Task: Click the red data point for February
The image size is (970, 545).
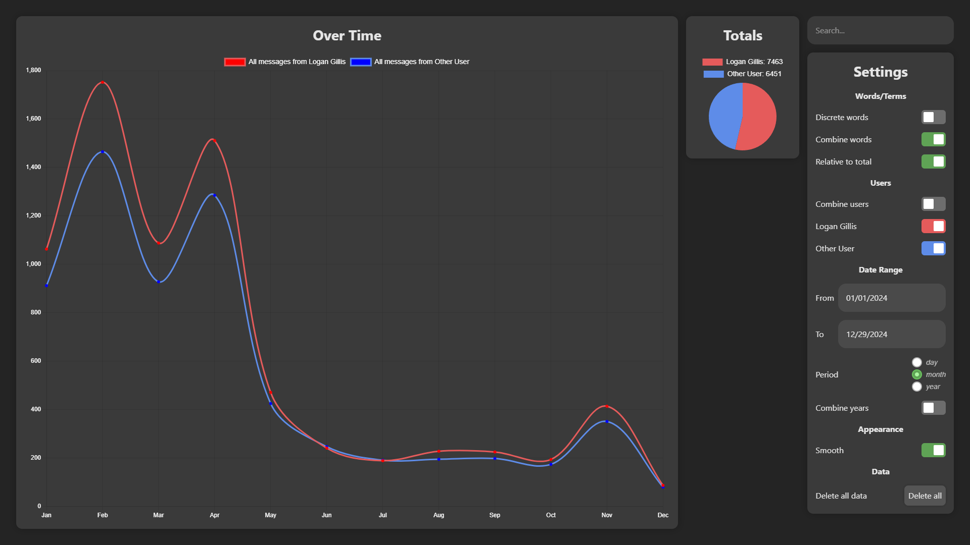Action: click(103, 82)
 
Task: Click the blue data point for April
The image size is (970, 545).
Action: click(214, 195)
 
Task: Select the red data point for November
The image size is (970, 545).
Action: click(607, 406)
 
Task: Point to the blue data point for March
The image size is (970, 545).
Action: click(159, 282)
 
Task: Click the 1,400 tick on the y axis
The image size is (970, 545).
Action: click(33, 167)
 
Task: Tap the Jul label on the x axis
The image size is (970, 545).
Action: click(382, 515)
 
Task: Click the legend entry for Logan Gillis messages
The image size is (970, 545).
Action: click(285, 62)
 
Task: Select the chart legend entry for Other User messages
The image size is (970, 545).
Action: click(410, 62)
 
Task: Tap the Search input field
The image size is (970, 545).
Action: click(880, 30)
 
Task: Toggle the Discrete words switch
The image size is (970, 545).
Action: click(933, 117)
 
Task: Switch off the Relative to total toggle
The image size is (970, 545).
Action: click(933, 161)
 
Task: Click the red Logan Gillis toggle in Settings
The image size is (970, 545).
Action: click(933, 226)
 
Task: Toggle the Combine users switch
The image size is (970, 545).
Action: click(933, 204)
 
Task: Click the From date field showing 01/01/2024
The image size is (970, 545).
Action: click(892, 298)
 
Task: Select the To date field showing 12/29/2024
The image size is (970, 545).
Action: click(892, 334)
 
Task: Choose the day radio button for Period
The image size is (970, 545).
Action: click(917, 362)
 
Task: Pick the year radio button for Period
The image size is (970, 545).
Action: click(917, 387)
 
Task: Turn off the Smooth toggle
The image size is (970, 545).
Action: click(933, 450)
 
